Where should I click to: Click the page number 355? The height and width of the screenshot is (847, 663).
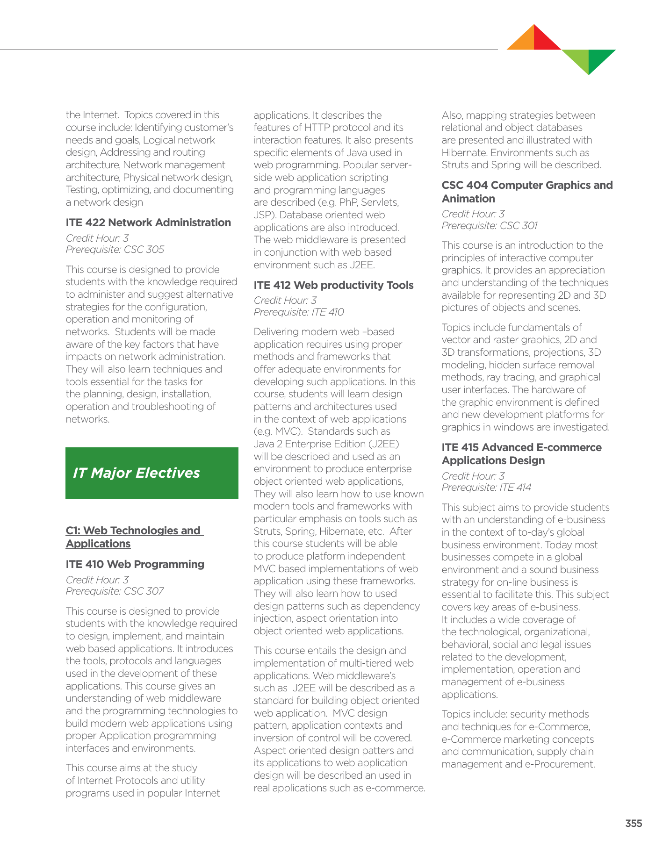(x=634, y=824)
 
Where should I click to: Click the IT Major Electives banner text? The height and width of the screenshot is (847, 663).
(x=137, y=473)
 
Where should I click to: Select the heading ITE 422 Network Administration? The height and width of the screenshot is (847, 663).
(x=148, y=223)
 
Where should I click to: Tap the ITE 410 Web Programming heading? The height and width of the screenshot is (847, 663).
(x=135, y=564)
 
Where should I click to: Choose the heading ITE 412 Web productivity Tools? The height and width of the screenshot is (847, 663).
(x=333, y=285)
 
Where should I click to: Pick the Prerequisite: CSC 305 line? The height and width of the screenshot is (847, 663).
(x=115, y=250)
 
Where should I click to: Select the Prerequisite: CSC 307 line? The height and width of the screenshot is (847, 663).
(x=115, y=591)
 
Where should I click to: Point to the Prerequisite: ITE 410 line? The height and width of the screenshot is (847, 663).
(x=299, y=312)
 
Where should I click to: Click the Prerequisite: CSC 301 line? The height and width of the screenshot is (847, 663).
(x=490, y=226)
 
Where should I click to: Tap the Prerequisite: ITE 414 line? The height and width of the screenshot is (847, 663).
(x=486, y=488)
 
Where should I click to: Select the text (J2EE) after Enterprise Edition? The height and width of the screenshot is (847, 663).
(x=384, y=444)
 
